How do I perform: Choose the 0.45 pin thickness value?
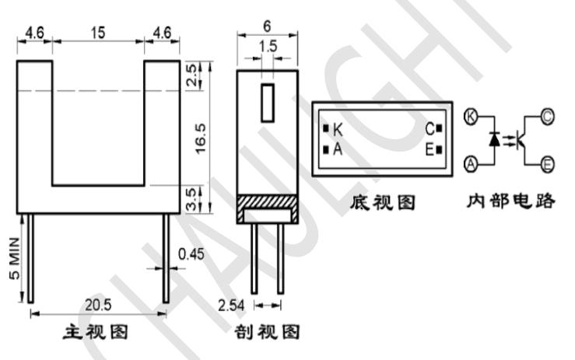point(191,253)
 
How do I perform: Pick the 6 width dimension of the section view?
point(268,25)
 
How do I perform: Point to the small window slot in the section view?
point(267,103)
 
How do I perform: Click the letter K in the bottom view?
point(337,128)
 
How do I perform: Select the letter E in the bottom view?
point(428,149)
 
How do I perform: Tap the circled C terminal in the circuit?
point(547,117)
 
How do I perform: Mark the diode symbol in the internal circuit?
point(493,139)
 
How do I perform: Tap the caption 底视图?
point(383,203)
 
